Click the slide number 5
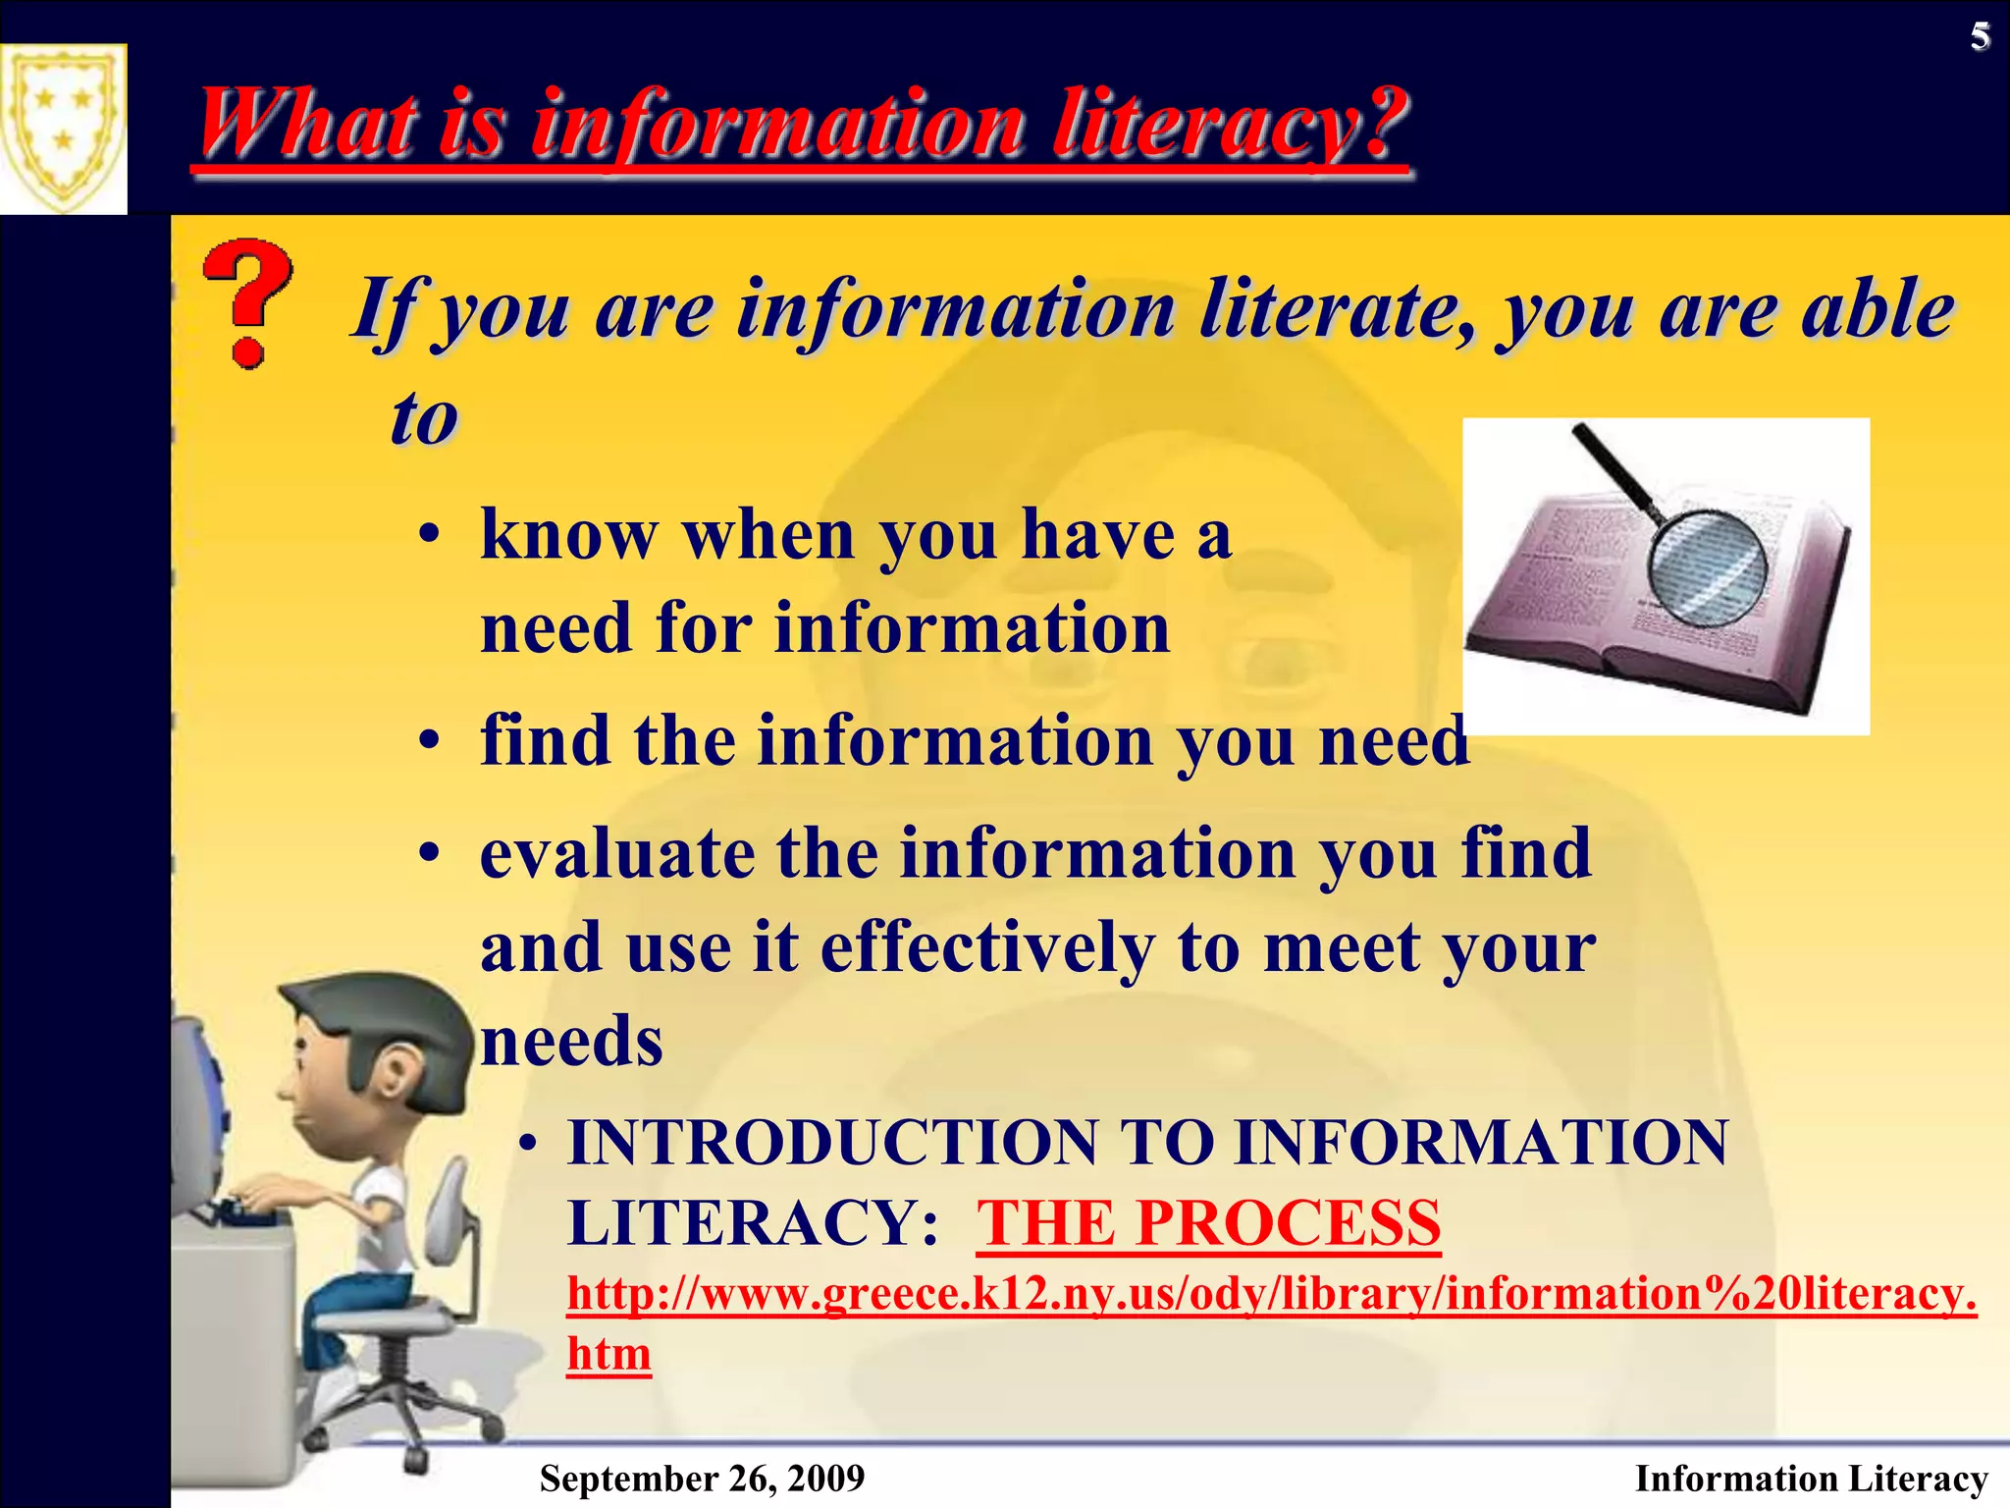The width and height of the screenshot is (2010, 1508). coord(1980,37)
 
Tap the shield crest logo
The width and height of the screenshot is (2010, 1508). coord(63,128)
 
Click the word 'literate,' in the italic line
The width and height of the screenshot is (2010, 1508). coord(1339,310)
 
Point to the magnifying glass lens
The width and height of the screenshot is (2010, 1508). coord(1708,567)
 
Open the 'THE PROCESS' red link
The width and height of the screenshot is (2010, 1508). coord(1208,1223)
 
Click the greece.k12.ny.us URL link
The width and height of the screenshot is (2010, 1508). coord(1271,1294)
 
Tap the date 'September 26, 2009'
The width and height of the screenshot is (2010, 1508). coord(702,1478)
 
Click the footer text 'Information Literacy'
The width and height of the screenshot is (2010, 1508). coord(1811,1478)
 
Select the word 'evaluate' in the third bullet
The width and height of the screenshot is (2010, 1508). coord(617,853)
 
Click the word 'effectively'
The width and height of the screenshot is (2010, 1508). coord(987,947)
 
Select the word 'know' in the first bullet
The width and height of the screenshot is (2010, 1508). coord(569,536)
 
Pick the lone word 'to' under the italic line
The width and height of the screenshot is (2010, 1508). coord(424,418)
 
